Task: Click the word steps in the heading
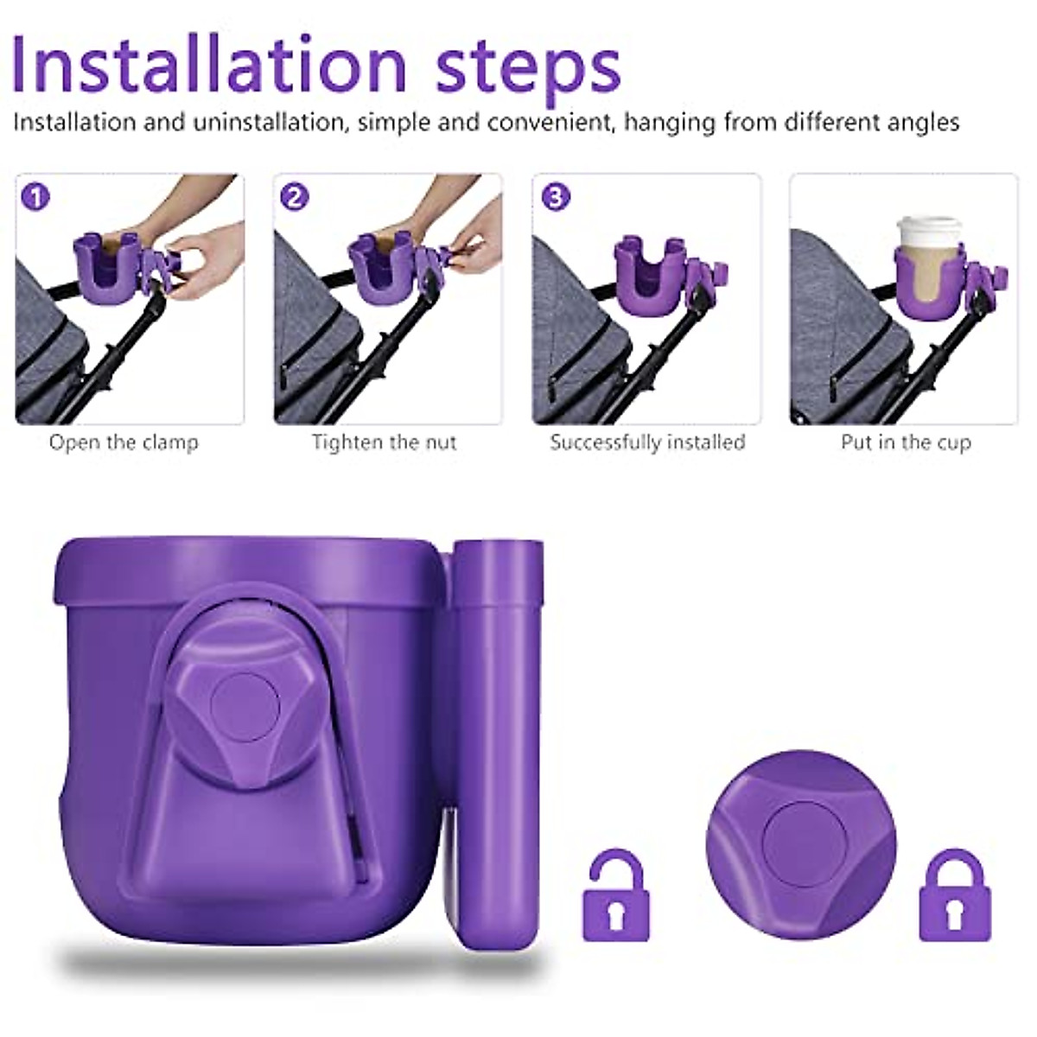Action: tap(528, 65)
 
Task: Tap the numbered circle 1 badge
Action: tap(35, 198)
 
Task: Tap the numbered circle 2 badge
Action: tap(295, 198)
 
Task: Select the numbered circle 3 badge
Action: tap(555, 198)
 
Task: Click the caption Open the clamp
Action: tap(124, 442)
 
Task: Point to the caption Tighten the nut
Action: tap(385, 442)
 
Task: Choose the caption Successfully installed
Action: tap(647, 442)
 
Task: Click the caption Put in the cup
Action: tap(906, 442)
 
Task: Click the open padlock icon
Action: tap(614, 895)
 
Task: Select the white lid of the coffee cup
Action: tap(929, 231)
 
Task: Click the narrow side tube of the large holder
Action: tap(495, 743)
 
